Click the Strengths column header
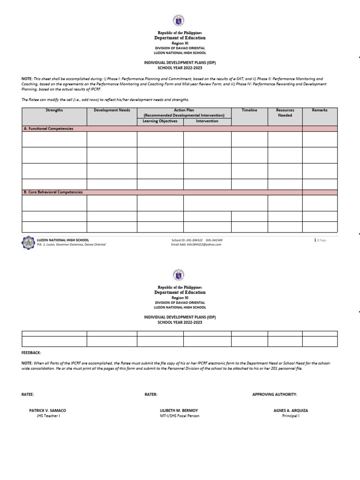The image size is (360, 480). pyautogui.click(x=54, y=110)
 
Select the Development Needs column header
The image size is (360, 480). pyautogui.click(x=112, y=110)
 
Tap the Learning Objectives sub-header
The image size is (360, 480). pyautogui.click(x=160, y=121)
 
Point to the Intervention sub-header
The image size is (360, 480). pyautogui.click(x=207, y=121)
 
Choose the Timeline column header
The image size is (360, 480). pyautogui.click(x=249, y=110)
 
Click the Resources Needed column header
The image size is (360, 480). pyautogui.click(x=285, y=112)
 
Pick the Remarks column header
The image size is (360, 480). pyautogui.click(x=320, y=110)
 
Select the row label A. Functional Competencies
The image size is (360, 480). pyautogui.click(x=48, y=128)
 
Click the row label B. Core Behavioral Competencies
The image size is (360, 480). pyautogui.click(x=53, y=192)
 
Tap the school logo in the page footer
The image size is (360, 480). pyautogui.click(x=28, y=242)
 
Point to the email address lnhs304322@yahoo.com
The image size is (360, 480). pyautogui.click(x=196, y=244)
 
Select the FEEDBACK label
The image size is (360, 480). pyautogui.click(x=31, y=352)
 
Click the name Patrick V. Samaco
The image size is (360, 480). pyautogui.click(x=47, y=410)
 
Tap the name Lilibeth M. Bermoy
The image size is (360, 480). pyautogui.click(x=179, y=410)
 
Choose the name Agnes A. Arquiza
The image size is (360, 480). pyautogui.click(x=291, y=410)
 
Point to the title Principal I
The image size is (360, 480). pyautogui.click(x=291, y=416)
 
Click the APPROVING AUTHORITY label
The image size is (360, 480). pyautogui.click(x=275, y=395)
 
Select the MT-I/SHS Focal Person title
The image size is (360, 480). pyautogui.click(x=179, y=416)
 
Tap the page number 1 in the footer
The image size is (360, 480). pyautogui.click(x=315, y=240)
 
